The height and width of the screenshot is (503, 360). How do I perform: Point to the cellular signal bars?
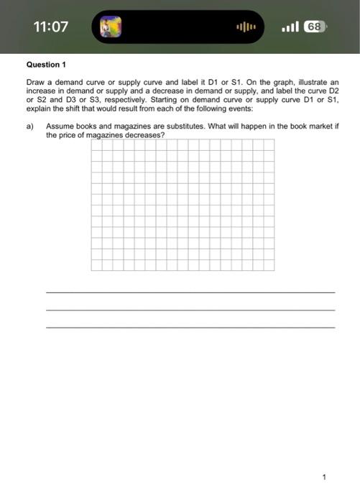290,27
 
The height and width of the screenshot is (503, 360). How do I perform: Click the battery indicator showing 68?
314,27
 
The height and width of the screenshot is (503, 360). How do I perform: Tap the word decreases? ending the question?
146,135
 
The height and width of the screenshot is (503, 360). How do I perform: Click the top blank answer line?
190,292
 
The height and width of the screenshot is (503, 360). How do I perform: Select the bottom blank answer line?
190,328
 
